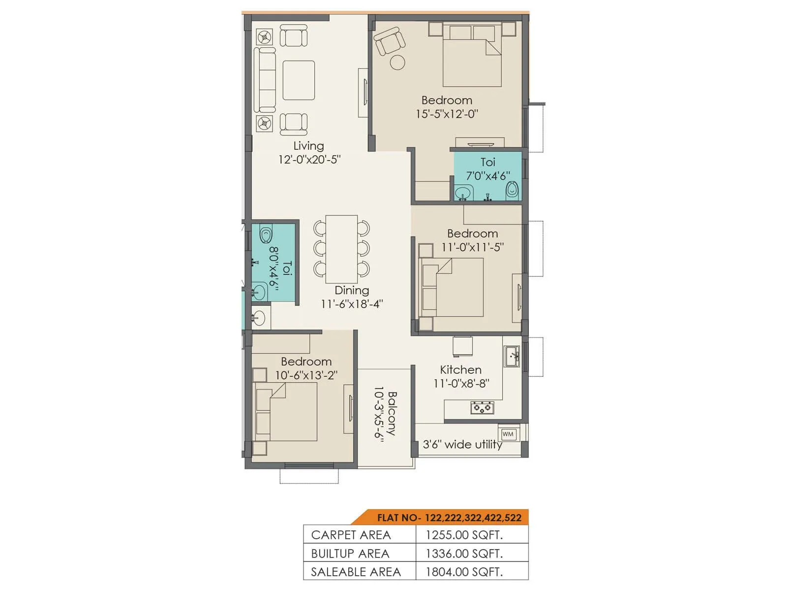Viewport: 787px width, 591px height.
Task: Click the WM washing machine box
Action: [508, 434]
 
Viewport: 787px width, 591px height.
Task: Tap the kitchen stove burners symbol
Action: [482, 407]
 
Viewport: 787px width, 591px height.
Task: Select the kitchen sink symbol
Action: [512, 356]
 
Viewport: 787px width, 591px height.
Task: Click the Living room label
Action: [308, 146]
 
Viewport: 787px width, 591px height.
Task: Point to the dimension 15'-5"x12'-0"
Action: [447, 114]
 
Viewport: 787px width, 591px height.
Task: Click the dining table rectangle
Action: [341, 249]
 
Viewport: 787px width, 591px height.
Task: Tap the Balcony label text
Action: [392, 413]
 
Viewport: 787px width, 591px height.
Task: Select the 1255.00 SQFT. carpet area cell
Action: [464, 535]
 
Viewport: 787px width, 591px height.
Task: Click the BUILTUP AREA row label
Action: [350, 554]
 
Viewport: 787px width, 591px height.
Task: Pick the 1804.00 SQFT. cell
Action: [464, 572]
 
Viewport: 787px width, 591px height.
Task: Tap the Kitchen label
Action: [460, 369]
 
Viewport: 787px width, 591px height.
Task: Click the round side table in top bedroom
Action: [397, 63]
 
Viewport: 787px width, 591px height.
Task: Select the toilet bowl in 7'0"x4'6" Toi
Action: [512, 190]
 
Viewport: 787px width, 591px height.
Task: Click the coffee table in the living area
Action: [299, 80]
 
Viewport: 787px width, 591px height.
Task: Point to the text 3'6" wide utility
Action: [462, 444]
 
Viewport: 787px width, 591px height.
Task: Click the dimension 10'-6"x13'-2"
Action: [306, 375]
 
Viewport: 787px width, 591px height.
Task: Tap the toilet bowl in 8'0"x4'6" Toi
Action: [266, 235]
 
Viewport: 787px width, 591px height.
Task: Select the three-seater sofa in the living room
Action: [265, 80]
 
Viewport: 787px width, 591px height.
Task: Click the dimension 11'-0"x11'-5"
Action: [472, 247]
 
